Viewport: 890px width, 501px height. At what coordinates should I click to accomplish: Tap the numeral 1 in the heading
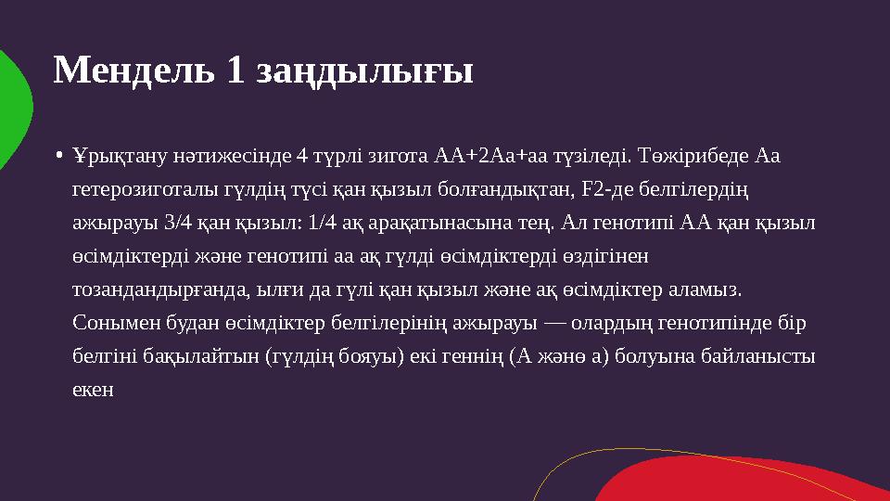(234, 71)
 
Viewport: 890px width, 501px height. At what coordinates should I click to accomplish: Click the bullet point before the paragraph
(58, 155)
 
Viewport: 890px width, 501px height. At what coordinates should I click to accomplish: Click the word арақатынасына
(421, 224)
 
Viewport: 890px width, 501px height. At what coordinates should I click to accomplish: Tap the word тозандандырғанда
(158, 290)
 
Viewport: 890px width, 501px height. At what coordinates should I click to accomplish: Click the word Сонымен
(106, 324)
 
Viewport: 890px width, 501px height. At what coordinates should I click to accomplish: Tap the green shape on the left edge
(13, 111)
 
